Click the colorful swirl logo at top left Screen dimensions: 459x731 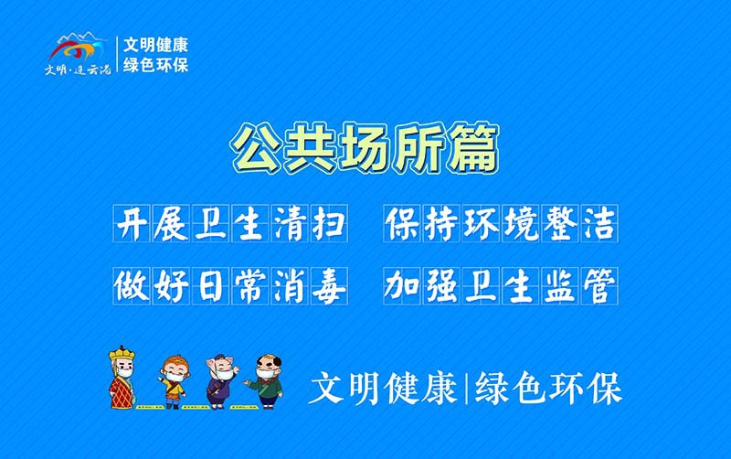80,48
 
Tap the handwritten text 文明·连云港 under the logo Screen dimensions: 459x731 78,69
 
